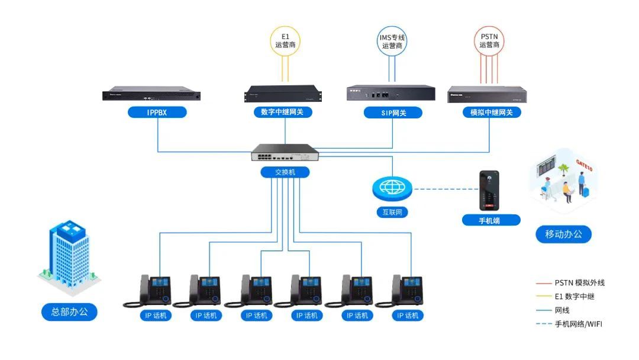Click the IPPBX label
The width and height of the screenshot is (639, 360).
[x=157, y=112]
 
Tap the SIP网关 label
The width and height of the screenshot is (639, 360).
[x=393, y=112]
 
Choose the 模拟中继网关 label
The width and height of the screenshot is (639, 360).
[x=491, y=112]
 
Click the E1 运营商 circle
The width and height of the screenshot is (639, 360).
[x=285, y=40]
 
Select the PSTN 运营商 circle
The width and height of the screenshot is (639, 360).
[x=489, y=40]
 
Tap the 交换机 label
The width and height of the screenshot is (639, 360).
[x=285, y=172]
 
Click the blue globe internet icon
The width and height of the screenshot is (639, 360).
[x=392, y=188]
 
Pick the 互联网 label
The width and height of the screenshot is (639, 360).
[x=392, y=211]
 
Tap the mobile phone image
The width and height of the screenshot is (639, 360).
[x=489, y=191]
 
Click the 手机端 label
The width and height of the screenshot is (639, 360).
[x=491, y=220]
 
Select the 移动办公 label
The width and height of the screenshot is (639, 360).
[x=563, y=234]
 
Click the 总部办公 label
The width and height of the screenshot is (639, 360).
[x=69, y=311]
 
